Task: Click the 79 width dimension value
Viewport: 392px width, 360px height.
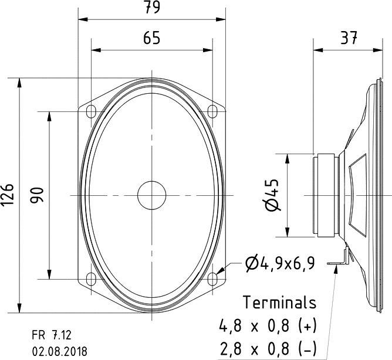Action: (152, 8)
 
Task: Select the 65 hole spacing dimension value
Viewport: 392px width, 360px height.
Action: (152, 38)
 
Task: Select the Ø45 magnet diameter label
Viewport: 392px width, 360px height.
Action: (272, 195)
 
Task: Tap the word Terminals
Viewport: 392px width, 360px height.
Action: (280, 303)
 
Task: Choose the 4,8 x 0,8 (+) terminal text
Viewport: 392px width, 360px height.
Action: (268, 324)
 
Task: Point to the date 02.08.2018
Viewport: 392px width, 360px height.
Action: (59, 351)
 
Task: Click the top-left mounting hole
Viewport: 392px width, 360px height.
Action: (91, 110)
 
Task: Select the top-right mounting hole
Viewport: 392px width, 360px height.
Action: (212, 110)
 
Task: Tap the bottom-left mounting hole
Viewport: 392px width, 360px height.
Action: (91, 279)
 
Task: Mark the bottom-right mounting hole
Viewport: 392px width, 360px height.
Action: (212, 279)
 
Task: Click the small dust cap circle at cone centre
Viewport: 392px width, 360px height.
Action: (151, 194)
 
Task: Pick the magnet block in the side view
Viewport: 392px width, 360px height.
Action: (326, 195)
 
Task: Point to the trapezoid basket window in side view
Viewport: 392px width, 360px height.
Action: (356, 193)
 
